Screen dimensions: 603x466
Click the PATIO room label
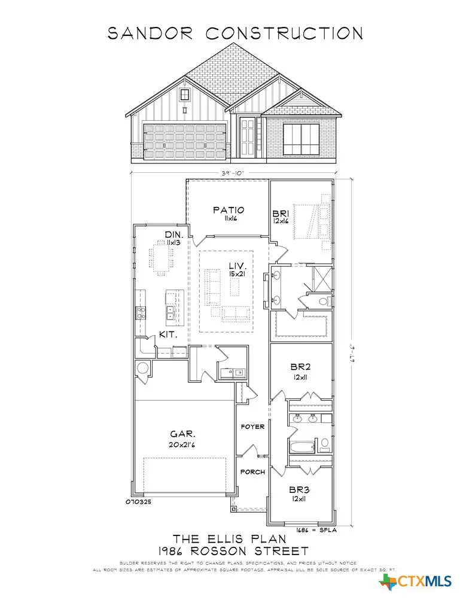[229, 210]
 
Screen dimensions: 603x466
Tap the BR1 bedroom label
[281, 213]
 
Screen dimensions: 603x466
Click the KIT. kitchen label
[169, 335]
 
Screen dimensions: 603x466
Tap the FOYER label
[252, 427]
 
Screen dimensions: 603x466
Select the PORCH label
[252, 472]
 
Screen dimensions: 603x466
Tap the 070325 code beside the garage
[138, 502]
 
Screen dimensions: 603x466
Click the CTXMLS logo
[417, 581]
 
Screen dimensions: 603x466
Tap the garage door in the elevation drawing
[184, 139]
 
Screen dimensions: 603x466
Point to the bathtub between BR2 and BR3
[302, 446]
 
